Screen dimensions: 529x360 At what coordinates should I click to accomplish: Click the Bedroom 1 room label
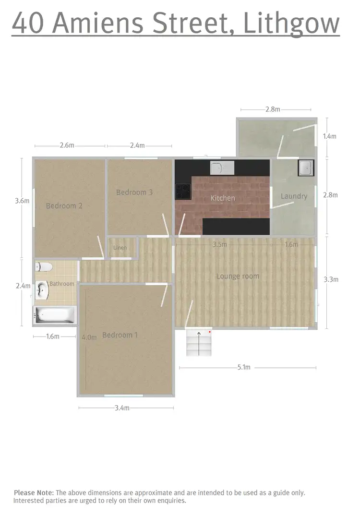click(x=120, y=335)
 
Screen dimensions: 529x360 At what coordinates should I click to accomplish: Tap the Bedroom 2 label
click(x=64, y=206)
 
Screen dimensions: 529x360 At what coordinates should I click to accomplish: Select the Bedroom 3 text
click(x=134, y=192)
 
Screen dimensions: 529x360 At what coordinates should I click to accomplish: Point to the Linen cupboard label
click(x=120, y=248)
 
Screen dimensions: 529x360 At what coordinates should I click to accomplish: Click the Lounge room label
click(x=238, y=276)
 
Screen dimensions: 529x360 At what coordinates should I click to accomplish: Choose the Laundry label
click(x=294, y=196)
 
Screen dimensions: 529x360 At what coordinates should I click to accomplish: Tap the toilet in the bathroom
click(x=44, y=266)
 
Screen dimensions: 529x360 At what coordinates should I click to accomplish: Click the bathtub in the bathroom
click(x=55, y=315)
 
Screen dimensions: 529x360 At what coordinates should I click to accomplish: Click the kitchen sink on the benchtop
click(x=222, y=168)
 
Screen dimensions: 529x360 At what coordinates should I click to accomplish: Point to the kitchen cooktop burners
click(x=183, y=192)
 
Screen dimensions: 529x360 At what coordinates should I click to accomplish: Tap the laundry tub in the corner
click(x=305, y=168)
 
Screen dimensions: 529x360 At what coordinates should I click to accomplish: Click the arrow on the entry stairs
click(x=199, y=343)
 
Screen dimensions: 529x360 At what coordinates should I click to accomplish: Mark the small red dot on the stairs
click(x=210, y=332)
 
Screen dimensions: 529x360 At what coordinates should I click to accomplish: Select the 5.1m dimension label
click(x=243, y=368)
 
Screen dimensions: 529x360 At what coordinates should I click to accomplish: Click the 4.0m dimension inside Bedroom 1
click(x=89, y=337)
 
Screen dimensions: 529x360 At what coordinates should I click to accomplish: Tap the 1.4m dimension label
click(x=329, y=136)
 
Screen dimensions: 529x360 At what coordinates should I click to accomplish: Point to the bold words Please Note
click(x=34, y=493)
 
